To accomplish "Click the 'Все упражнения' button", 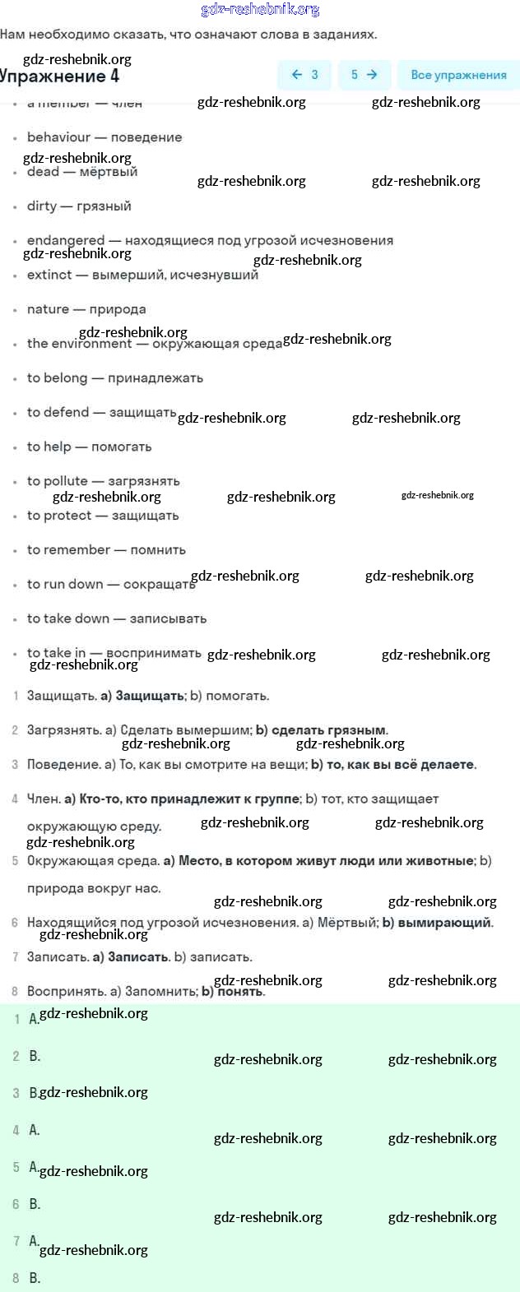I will [458, 75].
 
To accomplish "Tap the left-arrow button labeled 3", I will [304, 75].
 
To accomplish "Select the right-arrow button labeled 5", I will [364, 75].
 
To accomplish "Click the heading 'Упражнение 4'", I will [59, 76].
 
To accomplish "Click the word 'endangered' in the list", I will [66, 240].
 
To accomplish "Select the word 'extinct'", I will [49, 275].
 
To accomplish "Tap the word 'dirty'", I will [42, 206].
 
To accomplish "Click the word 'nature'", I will [48, 309].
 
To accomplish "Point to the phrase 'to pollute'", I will [57, 481].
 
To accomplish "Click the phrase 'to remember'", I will [68, 550].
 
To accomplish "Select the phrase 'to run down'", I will [65, 585].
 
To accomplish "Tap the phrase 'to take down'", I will [67, 618].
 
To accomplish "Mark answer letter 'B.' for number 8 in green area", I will [35, 1278].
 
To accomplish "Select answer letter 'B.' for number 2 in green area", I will [35, 1056].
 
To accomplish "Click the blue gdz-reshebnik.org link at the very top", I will [260, 10].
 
